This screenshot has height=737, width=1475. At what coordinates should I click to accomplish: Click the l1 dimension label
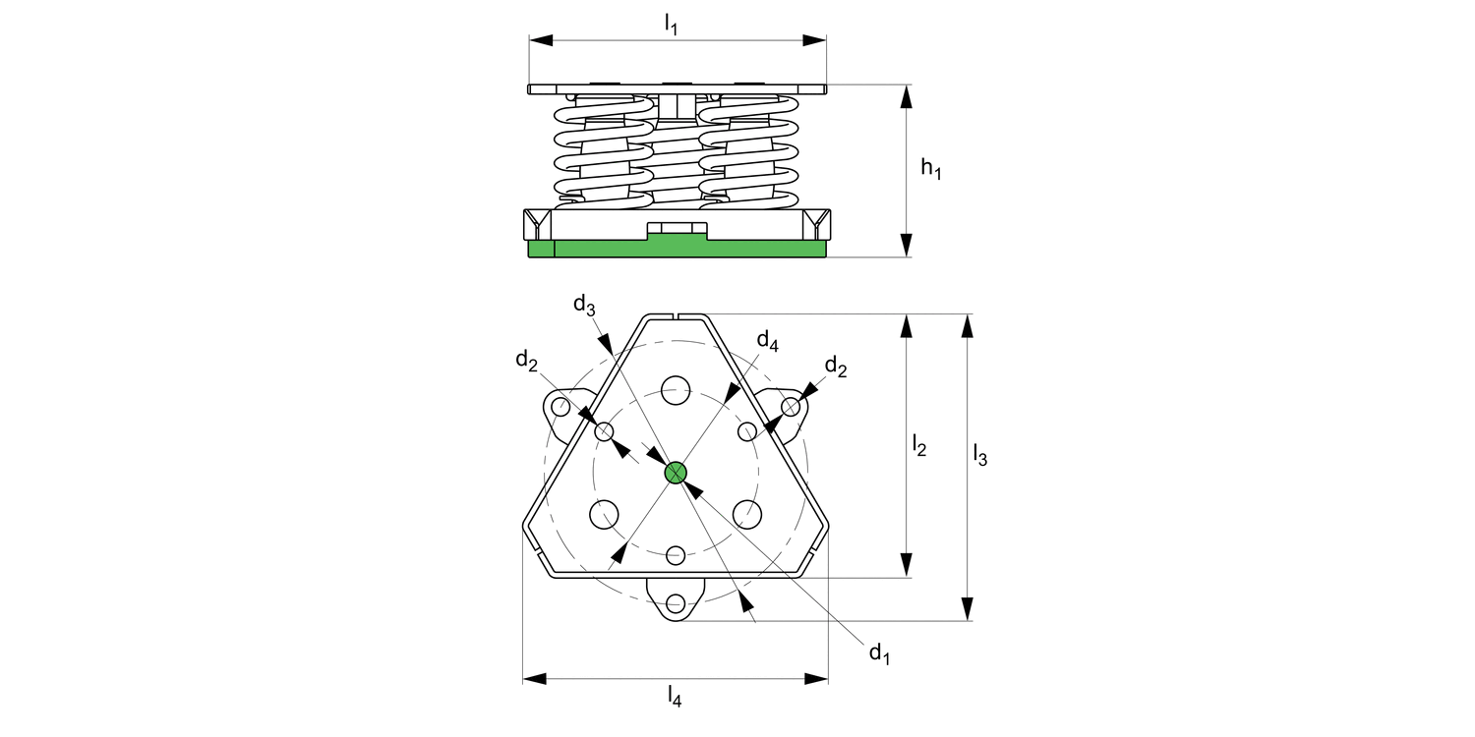point(671,24)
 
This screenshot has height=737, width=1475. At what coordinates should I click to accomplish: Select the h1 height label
point(931,168)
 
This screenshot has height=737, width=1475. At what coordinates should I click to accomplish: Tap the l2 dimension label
point(919,444)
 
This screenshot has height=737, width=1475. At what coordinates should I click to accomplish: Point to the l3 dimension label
point(980,454)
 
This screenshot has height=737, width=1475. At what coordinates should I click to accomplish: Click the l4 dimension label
point(675,696)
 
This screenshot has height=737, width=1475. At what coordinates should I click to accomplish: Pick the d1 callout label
point(880,653)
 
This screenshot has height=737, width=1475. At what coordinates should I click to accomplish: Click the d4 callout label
point(768,340)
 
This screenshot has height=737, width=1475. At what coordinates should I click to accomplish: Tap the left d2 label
point(527,360)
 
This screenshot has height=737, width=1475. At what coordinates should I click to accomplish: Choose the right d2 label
point(836,366)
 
